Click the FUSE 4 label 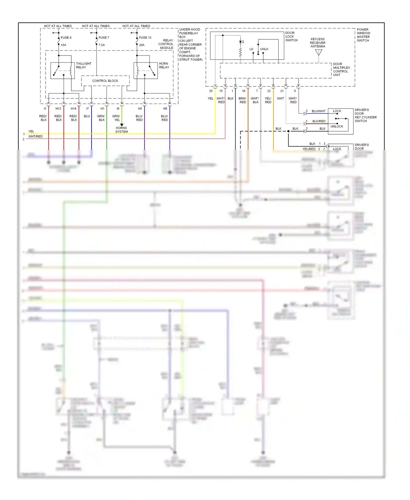(66, 37)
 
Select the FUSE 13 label (145, 37)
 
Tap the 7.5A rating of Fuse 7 (102, 45)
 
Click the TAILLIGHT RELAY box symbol (63, 71)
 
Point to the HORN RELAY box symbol (145, 71)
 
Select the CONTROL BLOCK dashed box (105, 81)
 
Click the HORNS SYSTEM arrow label (121, 130)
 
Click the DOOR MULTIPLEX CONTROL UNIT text (341, 69)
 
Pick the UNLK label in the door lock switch (264, 49)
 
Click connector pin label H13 (58, 109)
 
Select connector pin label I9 (118, 109)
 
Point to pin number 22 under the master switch (269, 91)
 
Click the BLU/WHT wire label (318, 111)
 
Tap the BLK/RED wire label (319, 121)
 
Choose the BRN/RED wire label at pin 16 (242, 100)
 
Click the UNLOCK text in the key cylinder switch (336, 126)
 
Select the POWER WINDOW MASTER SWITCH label (363, 35)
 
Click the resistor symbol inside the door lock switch (240, 52)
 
